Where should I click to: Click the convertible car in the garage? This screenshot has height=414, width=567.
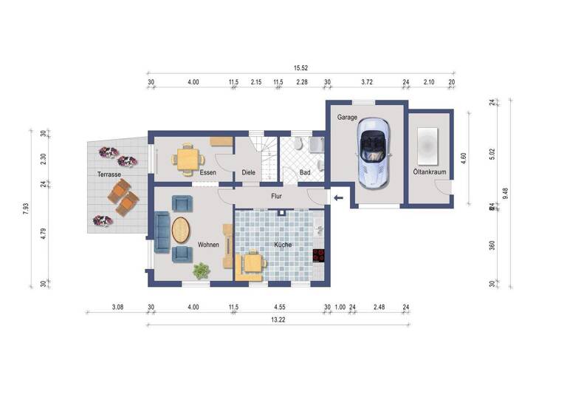click(x=374, y=155)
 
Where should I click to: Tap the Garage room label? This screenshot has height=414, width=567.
click(x=348, y=118)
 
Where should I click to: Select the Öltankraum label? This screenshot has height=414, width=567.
click(x=430, y=172)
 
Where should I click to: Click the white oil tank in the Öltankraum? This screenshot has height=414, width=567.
click(x=429, y=145)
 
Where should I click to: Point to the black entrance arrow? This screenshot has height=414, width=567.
click(x=338, y=197)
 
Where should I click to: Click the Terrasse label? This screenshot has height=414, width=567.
click(x=109, y=174)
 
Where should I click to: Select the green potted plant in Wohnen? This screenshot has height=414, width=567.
click(x=200, y=271)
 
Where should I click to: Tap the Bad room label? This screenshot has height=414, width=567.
click(x=304, y=173)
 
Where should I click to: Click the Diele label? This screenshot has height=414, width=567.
click(x=249, y=173)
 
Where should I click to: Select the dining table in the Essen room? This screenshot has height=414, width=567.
click(x=186, y=157)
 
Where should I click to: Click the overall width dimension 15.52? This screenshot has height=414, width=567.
click(x=300, y=68)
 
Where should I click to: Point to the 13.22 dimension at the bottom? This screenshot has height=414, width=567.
click(x=278, y=320)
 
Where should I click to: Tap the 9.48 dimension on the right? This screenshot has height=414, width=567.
click(x=506, y=193)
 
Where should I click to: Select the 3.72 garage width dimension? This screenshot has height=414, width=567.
click(x=366, y=82)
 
